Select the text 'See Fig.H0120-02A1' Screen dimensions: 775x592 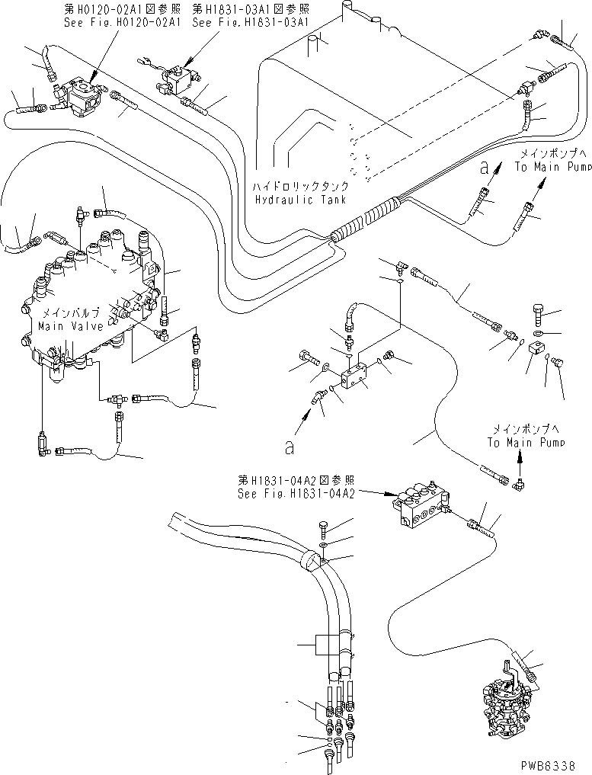(111, 23)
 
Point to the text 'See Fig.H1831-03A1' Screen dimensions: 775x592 (250, 23)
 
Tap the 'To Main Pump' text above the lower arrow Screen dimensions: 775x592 (526, 443)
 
